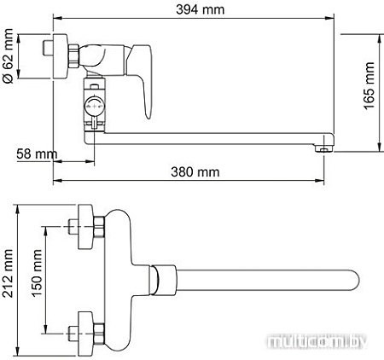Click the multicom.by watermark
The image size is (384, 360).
pyautogui.click(x=325, y=342)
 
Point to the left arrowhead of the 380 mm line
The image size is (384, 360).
pyautogui.click(x=56, y=180)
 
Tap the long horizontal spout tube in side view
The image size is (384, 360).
pyautogui.click(x=213, y=136)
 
